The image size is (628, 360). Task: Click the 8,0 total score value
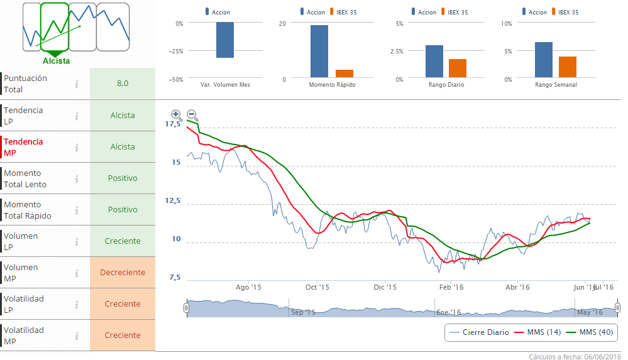pos(123,84)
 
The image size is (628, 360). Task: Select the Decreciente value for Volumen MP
pos(123,273)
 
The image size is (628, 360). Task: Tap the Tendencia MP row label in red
pos(23,147)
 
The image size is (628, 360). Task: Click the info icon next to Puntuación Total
pos(76,84)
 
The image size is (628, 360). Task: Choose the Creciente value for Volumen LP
pos(123,241)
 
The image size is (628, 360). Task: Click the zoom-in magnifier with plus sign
pos(177,115)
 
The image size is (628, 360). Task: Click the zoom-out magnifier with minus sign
pos(192,115)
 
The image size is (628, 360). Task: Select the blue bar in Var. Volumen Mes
pos(225,40)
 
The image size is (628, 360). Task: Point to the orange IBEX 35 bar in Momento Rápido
pos(344,74)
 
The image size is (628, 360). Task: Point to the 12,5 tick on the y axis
pos(172,201)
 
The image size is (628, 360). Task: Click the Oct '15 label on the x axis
pos(317,287)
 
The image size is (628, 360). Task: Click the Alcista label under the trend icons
pos(57,61)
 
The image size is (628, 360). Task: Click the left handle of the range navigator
pos(186,308)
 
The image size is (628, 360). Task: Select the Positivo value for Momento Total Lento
pos(123,178)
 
